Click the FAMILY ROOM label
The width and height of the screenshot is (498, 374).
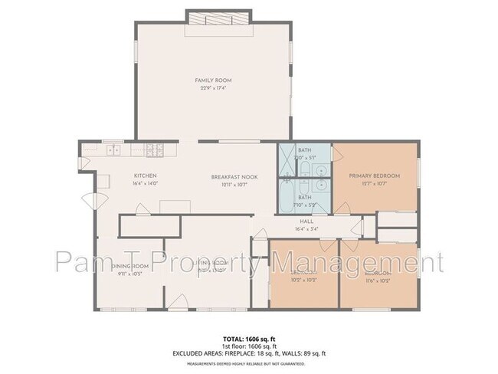coord(213,80)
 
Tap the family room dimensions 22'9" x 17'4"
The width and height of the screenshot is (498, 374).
coord(213,87)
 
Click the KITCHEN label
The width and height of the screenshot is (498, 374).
coord(146,176)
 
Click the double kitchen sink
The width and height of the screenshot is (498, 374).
coord(114,149)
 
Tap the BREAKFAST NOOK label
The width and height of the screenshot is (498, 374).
coord(234,176)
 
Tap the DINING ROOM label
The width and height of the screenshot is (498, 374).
coord(128,266)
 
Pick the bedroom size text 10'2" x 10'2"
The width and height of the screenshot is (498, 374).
coord(304,280)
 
